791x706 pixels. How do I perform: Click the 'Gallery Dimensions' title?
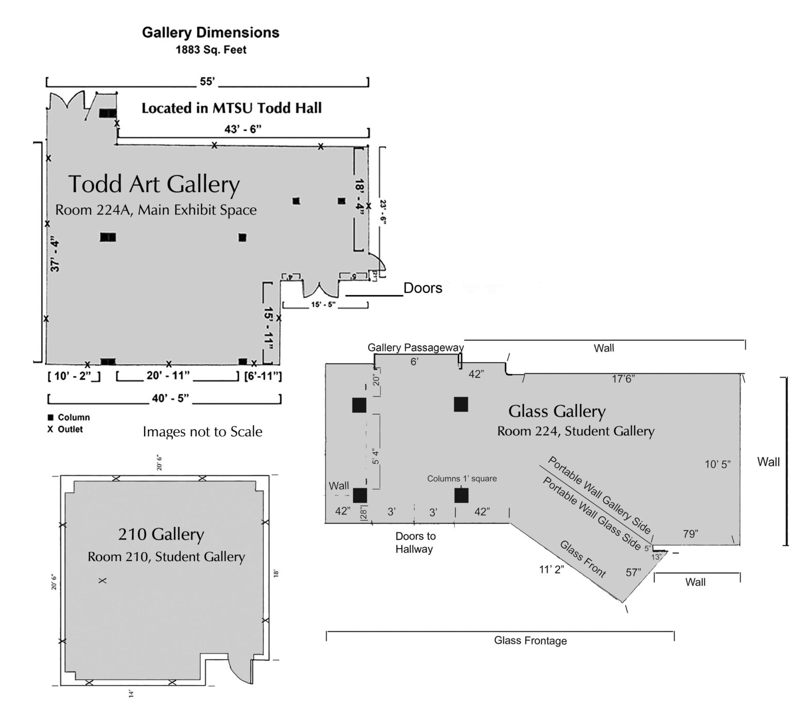(211, 32)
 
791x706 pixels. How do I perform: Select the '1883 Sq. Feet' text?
(211, 50)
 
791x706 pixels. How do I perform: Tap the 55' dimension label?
(207, 81)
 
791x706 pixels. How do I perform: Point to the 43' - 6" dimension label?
(243, 129)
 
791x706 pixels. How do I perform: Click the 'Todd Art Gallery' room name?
(154, 184)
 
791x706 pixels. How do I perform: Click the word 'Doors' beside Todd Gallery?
(422, 288)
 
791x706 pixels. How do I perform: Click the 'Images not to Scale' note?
(202, 431)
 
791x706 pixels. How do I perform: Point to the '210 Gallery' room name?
(161, 535)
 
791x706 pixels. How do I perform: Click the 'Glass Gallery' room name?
(557, 411)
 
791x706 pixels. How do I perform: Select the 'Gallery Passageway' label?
(415, 348)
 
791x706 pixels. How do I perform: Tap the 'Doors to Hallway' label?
(415, 542)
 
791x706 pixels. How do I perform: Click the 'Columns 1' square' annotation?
(462, 479)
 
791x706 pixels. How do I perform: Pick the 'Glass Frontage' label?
(530, 641)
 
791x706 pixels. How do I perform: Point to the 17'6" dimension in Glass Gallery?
(623, 379)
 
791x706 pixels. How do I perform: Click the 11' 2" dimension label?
(551, 570)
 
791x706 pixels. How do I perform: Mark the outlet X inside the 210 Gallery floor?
(102, 580)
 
